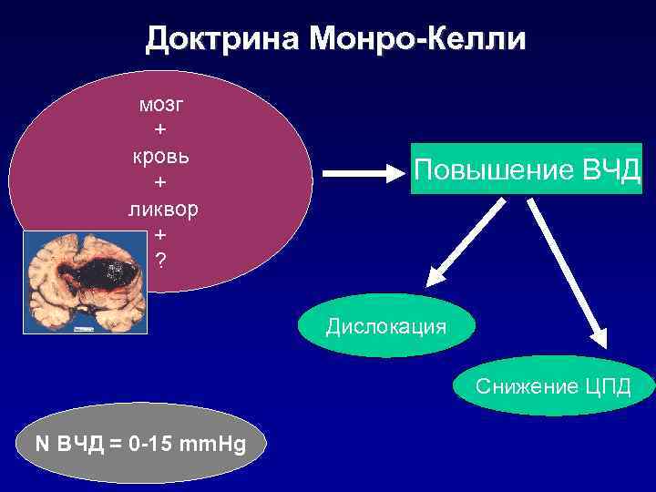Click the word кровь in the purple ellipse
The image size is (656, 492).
[x=160, y=156]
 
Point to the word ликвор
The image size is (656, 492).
[x=160, y=209]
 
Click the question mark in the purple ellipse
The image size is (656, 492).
[x=160, y=261]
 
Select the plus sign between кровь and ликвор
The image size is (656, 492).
[x=160, y=182]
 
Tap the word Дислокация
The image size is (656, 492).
[x=386, y=326]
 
